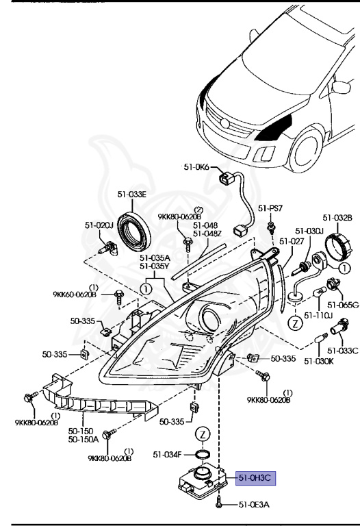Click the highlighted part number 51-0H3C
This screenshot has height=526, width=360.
pos(255,477)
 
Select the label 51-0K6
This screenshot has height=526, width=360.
pos(198,167)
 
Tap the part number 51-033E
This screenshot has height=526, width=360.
pos(131,195)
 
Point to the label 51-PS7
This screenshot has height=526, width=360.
pos(270,208)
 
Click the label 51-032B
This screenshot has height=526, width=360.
pos(337,217)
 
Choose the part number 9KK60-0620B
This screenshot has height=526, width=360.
pos(75,295)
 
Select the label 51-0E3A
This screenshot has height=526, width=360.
pos(255,505)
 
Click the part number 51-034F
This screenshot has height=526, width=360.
pos(167,454)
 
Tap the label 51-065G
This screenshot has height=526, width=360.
pos(343,304)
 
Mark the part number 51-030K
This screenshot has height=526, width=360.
pos(319,360)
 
